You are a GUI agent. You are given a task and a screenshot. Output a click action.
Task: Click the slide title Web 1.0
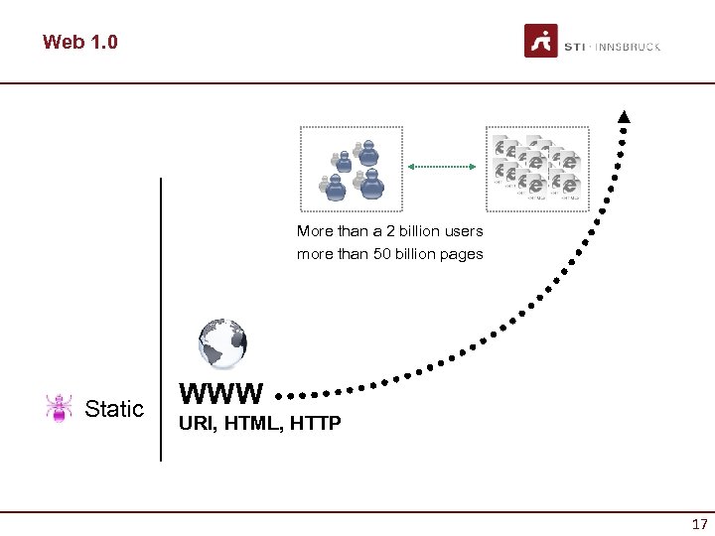[x=79, y=43]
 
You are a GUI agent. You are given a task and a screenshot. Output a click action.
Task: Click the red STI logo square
[x=540, y=41]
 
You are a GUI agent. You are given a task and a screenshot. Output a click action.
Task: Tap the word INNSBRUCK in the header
[x=629, y=47]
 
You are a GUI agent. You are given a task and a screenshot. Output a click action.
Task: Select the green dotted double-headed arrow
[x=443, y=167]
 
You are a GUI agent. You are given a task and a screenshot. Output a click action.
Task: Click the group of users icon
[x=352, y=168]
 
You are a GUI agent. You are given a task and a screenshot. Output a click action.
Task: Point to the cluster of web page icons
[x=536, y=168]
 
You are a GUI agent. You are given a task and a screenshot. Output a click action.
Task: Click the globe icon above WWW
[x=221, y=344]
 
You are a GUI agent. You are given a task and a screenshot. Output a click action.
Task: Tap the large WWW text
[x=221, y=394]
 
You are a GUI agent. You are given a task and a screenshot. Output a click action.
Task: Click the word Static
[x=114, y=409]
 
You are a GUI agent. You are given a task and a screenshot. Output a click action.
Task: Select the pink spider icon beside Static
[x=60, y=408]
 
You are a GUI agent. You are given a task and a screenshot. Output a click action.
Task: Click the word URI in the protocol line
[x=195, y=425]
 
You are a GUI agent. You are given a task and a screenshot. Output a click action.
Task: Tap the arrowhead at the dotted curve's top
[x=624, y=117]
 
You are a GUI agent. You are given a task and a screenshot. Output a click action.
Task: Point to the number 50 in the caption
[x=383, y=254]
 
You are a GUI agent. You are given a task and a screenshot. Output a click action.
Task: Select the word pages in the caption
[x=461, y=254]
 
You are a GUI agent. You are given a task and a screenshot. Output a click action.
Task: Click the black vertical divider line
[x=161, y=318]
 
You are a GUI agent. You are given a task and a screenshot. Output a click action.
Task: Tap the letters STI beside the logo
[x=574, y=47]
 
